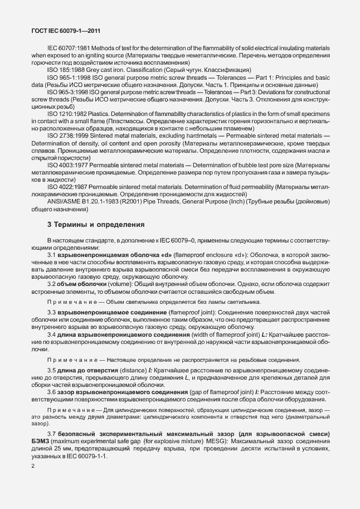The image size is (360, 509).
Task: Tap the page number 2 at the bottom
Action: [33, 466]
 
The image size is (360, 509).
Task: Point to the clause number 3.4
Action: [53, 335]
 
